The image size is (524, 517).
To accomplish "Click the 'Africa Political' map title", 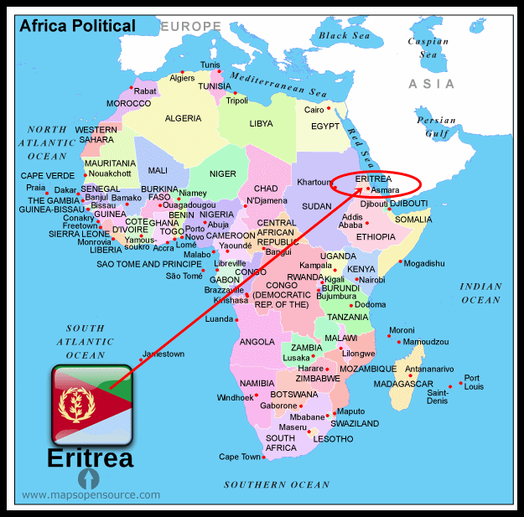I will pos(78,26).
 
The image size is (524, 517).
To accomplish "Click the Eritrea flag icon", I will pos(91,404).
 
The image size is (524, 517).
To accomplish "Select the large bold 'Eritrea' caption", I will pos(90,458).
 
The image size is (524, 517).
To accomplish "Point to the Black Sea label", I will pos(344,36).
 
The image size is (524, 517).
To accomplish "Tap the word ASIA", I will pos(432,84).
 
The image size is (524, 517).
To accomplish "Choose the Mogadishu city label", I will pos(428,263).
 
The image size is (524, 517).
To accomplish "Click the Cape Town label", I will pos(240,457).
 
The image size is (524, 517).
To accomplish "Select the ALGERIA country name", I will pos(183,118).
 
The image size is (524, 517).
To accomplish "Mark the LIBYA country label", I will pos(262,123).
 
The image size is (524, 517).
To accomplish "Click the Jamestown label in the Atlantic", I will pos(163,354).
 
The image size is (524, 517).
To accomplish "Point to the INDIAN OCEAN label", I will pos(480,293).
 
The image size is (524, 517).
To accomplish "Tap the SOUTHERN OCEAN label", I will pos(277,484).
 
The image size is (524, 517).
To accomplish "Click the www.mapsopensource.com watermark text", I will pos(91,495).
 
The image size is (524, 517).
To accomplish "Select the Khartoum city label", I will pos(315,182).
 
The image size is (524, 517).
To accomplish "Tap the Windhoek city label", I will pos(234,397).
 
